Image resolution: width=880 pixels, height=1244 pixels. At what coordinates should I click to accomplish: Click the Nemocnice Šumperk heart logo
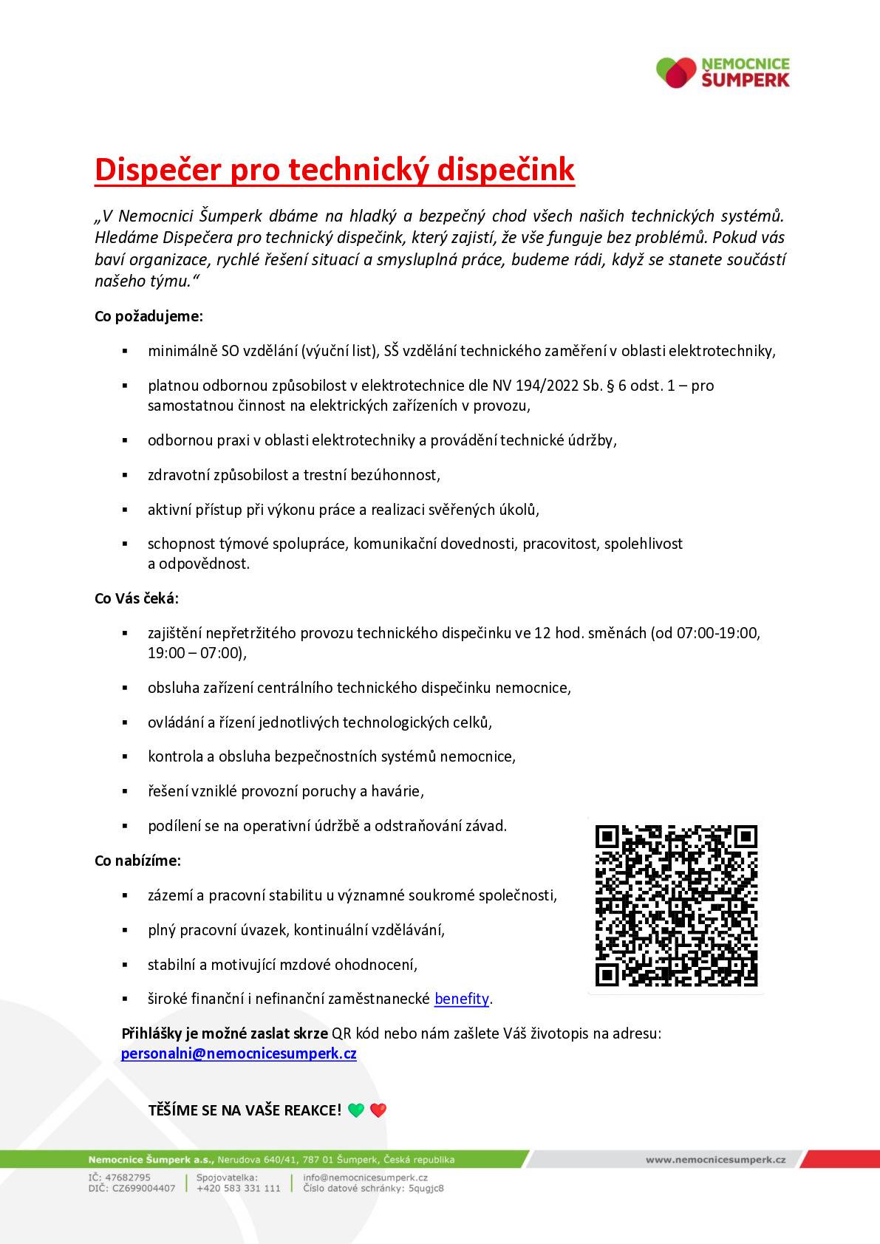click(x=676, y=72)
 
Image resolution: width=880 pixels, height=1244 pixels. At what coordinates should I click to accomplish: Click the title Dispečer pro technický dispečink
click(x=334, y=169)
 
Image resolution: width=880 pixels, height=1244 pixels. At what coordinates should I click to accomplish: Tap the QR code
click(x=676, y=906)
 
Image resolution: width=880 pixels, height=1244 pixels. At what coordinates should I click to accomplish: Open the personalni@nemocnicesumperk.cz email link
click(x=239, y=1053)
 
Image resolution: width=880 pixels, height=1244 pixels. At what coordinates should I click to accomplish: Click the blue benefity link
click(x=462, y=999)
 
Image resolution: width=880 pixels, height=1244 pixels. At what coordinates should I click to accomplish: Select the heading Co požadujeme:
click(x=149, y=316)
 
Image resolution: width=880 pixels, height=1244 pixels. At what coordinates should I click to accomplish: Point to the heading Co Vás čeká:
click(x=137, y=598)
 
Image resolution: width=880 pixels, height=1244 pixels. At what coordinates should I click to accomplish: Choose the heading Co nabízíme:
click(x=137, y=861)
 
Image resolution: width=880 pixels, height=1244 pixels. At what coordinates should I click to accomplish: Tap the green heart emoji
click(x=356, y=1110)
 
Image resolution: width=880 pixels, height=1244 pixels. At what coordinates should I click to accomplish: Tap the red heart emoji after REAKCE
click(x=378, y=1110)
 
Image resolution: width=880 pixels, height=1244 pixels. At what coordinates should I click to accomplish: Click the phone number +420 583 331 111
click(x=239, y=1189)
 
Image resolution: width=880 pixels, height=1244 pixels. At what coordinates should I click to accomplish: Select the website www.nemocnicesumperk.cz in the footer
click(x=715, y=1160)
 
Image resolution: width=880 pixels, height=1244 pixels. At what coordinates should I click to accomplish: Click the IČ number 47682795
click(x=130, y=1178)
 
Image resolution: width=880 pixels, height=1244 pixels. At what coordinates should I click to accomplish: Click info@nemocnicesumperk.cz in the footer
click(x=366, y=1178)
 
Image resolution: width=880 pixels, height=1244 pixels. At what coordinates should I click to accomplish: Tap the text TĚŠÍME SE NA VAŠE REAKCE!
click(x=245, y=1110)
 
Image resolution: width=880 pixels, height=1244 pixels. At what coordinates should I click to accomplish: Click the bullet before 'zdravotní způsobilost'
click(x=125, y=475)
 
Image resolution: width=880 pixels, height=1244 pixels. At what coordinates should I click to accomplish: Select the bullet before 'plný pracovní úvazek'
click(x=125, y=930)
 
